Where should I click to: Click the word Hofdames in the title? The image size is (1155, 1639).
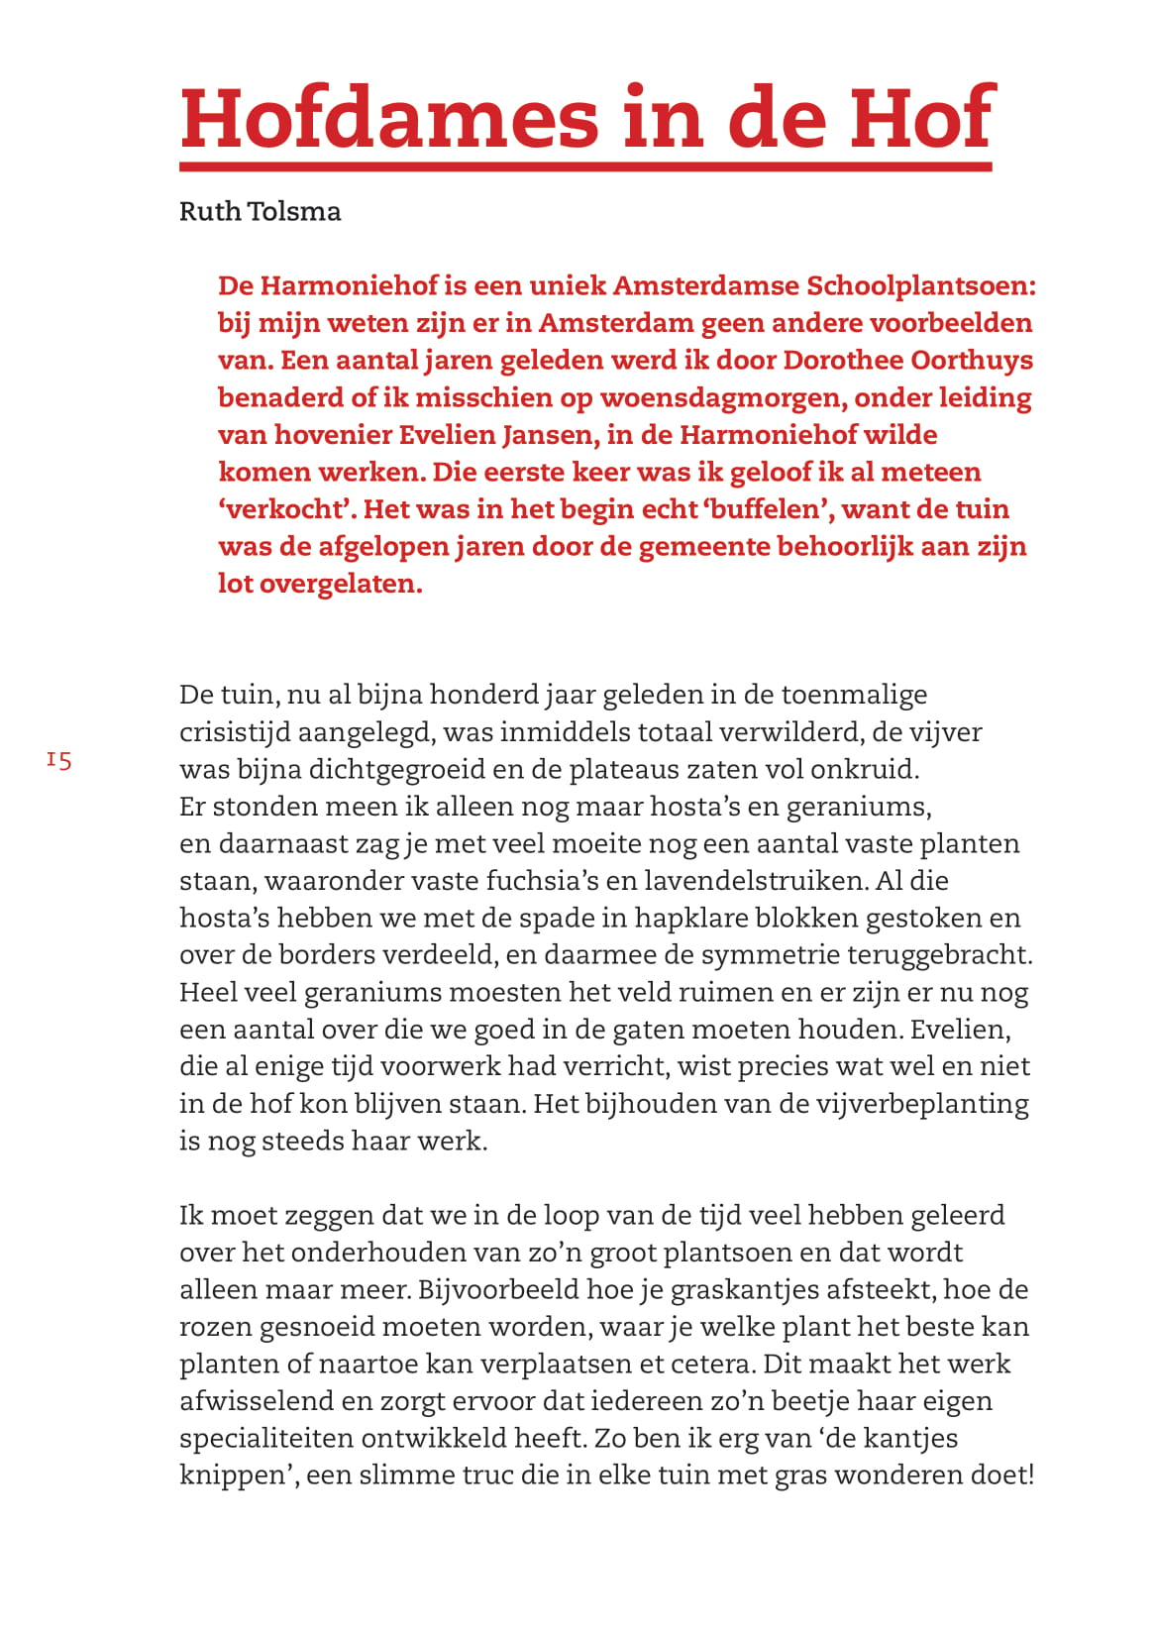(390, 118)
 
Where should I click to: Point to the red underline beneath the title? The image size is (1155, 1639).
(585, 166)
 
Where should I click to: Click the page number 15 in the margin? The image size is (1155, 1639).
(58, 761)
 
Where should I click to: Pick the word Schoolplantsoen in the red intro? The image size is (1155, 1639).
(921, 286)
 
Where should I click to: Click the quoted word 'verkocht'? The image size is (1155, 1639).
(286, 509)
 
